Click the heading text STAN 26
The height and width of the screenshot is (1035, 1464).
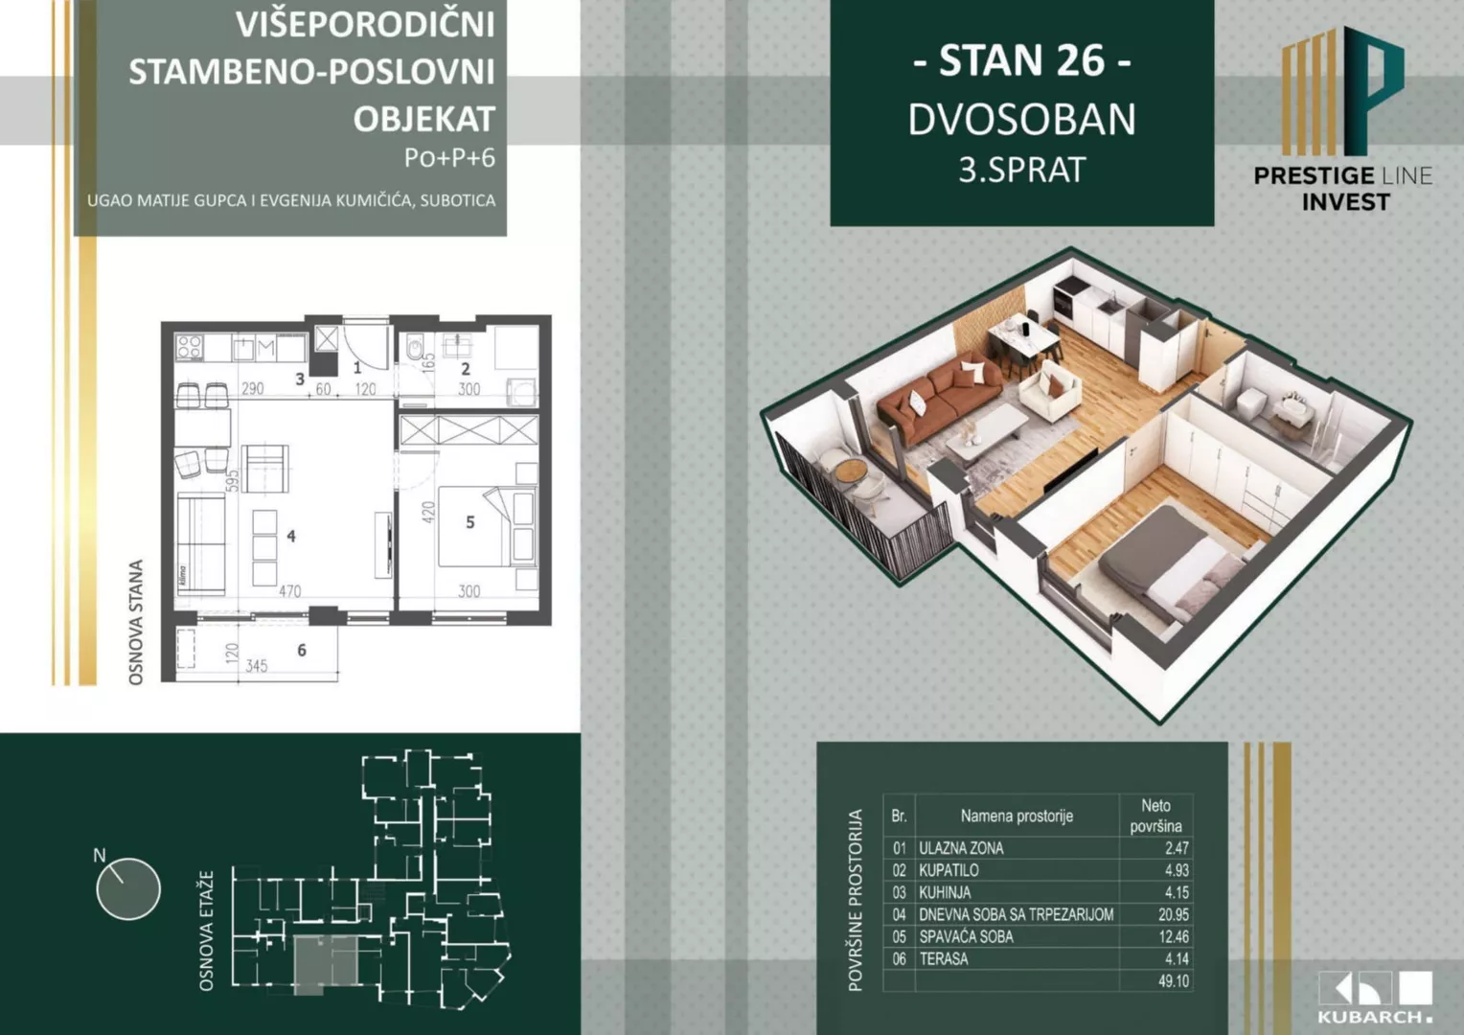click(1021, 60)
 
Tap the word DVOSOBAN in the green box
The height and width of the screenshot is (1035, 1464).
click(1021, 120)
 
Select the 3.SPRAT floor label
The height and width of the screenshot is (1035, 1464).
click(1021, 170)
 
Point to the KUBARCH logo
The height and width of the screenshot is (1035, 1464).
click(1375, 997)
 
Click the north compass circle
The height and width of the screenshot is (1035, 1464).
click(128, 888)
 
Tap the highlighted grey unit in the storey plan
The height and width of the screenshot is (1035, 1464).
click(325, 963)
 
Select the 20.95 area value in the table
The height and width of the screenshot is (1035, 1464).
click(1173, 914)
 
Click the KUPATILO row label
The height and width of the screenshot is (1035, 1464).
click(949, 870)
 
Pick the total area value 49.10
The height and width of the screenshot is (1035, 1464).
click(1173, 981)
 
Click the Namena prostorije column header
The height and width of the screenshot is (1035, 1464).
click(1017, 816)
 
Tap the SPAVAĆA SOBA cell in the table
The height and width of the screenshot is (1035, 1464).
click(966, 936)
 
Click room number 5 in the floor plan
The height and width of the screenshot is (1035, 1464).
click(469, 522)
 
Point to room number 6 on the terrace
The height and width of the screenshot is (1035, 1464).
click(302, 651)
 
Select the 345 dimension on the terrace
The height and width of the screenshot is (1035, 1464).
click(257, 666)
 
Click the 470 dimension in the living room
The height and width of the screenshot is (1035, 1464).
click(289, 591)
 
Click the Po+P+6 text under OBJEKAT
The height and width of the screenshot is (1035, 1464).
click(449, 157)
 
